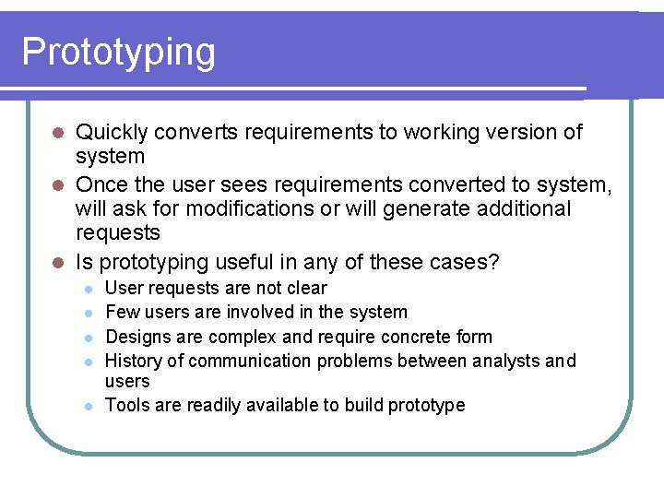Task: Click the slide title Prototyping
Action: click(x=118, y=53)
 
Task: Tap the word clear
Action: click(x=306, y=288)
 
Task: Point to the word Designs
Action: click(x=136, y=337)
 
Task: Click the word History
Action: click(x=133, y=361)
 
